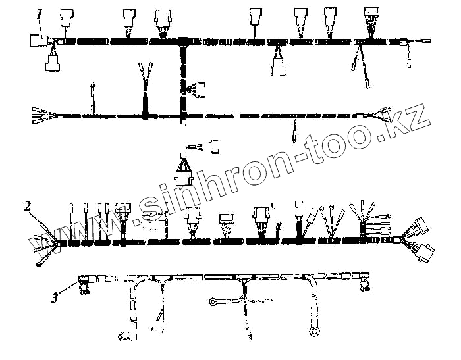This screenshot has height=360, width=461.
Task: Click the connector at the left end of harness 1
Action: (36, 41)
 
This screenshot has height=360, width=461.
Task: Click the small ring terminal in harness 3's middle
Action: (213, 302)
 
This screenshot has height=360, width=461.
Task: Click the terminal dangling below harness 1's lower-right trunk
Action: (294, 136)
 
